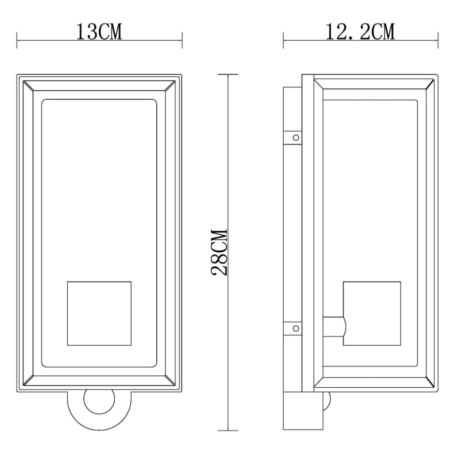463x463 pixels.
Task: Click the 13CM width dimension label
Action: (x=99, y=32)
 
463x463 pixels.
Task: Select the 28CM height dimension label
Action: (x=219, y=252)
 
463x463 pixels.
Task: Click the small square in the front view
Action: (x=99, y=313)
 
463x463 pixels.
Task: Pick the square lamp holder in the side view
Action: (x=371, y=313)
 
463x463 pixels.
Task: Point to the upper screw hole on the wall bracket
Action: (x=293, y=137)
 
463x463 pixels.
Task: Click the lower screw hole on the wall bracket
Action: (x=293, y=328)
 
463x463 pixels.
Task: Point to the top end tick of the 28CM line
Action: (x=228, y=74)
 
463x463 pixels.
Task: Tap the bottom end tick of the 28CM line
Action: (x=228, y=430)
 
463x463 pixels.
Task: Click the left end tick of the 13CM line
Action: (x=17, y=40)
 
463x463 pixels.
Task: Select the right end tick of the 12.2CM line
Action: (x=438, y=40)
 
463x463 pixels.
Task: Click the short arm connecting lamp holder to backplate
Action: (x=333, y=326)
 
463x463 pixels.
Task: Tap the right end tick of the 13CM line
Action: (x=182, y=40)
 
